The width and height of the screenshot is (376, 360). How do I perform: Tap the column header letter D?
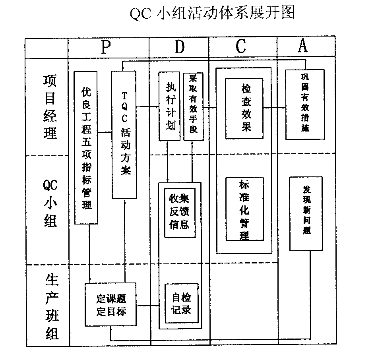pyautogui.click(x=180, y=47)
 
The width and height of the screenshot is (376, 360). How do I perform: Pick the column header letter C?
pyautogui.click(x=241, y=47)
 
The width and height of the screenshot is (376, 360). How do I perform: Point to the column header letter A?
pyautogui.click(x=303, y=46)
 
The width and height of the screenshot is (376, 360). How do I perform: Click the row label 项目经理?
pyautogui.click(x=50, y=106)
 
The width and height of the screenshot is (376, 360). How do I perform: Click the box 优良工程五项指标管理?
pyautogui.click(x=86, y=148)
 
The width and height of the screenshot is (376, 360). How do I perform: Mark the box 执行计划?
pyautogui.click(x=169, y=106)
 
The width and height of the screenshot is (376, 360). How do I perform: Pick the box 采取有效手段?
pyautogui.click(x=193, y=106)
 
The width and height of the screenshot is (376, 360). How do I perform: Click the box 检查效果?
pyautogui.click(x=244, y=108)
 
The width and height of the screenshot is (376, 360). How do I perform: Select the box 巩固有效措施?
pyautogui.click(x=305, y=104)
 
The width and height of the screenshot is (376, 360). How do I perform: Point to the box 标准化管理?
pyautogui.click(x=244, y=210)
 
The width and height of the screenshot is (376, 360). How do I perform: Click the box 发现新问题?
pyautogui.click(x=306, y=213)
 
